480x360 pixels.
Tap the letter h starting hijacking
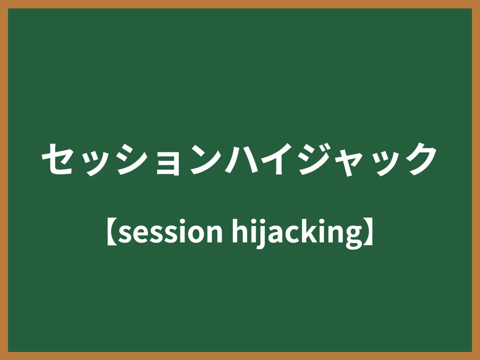click(x=239, y=232)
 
